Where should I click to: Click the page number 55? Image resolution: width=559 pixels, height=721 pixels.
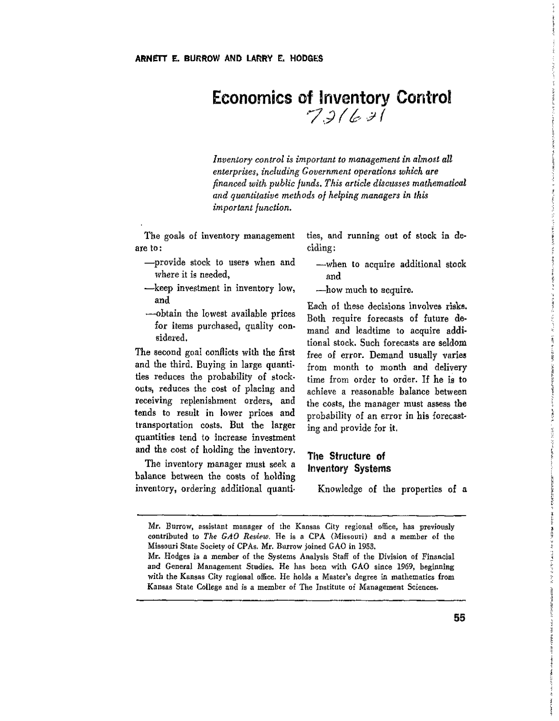click(x=459, y=618)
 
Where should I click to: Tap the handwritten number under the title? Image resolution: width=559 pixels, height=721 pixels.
click(x=345, y=116)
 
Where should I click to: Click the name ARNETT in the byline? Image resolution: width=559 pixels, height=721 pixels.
click(x=151, y=59)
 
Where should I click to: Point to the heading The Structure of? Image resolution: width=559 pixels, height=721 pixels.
click(x=346, y=456)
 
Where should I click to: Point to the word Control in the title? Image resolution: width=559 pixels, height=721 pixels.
click(x=423, y=98)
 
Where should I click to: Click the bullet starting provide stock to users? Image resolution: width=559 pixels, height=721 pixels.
click(x=220, y=263)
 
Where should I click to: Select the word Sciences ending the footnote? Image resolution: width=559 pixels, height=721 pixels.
click(x=422, y=587)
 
